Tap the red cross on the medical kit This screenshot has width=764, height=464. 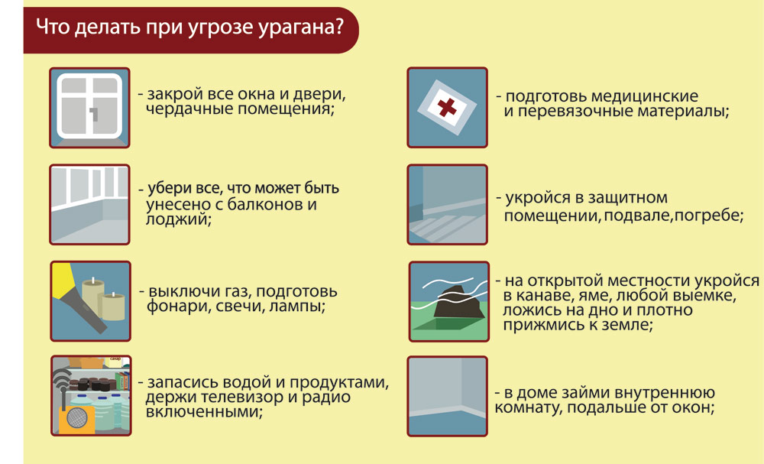[x=447, y=107]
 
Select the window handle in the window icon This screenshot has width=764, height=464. [x=94, y=115]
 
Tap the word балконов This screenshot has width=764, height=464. [x=265, y=204]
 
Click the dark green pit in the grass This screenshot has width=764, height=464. [x=447, y=324]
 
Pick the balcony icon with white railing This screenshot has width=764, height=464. [x=89, y=205]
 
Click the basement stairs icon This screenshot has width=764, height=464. [x=447, y=205]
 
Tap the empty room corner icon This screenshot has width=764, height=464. [x=447, y=396]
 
